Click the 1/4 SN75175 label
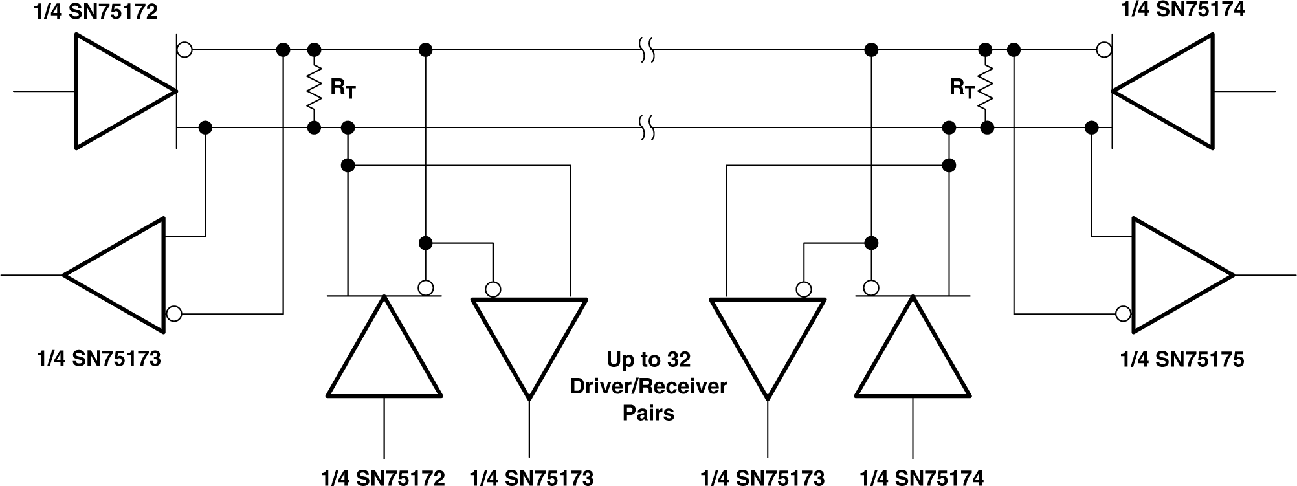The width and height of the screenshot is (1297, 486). [x=1182, y=359]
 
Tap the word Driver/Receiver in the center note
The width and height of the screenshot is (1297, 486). [x=648, y=386]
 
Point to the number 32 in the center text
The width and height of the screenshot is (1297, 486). [x=678, y=360]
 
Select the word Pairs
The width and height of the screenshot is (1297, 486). [x=648, y=413]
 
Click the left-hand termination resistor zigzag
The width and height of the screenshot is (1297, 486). [x=314, y=88]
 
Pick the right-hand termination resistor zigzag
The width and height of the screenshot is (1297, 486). [x=986, y=88]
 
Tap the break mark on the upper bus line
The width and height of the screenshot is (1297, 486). [x=646, y=50]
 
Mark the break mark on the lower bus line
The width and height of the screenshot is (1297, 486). [x=646, y=127]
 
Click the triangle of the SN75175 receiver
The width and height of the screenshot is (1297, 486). [x=1175, y=275]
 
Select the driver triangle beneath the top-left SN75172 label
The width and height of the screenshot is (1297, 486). [x=116, y=91]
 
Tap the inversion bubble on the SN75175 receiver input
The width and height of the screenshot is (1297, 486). [x=1124, y=314]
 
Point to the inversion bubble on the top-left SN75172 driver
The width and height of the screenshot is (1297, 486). [x=184, y=50]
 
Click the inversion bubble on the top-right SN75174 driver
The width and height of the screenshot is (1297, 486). [x=1104, y=50]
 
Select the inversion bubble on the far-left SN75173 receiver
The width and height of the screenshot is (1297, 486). [x=173, y=314]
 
